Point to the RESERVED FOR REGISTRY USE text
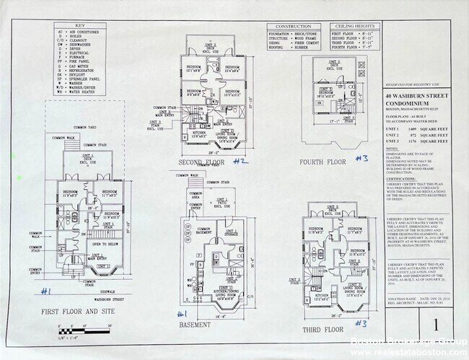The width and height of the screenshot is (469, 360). pos(414,84)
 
